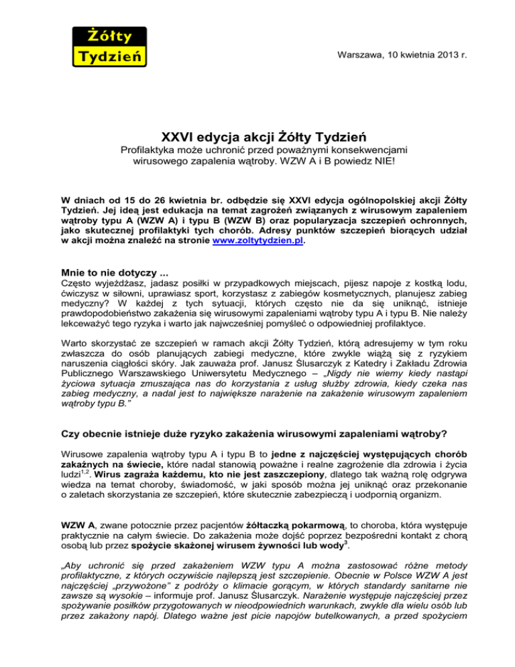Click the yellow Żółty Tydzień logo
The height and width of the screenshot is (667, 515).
pyautogui.click(x=108, y=45)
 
